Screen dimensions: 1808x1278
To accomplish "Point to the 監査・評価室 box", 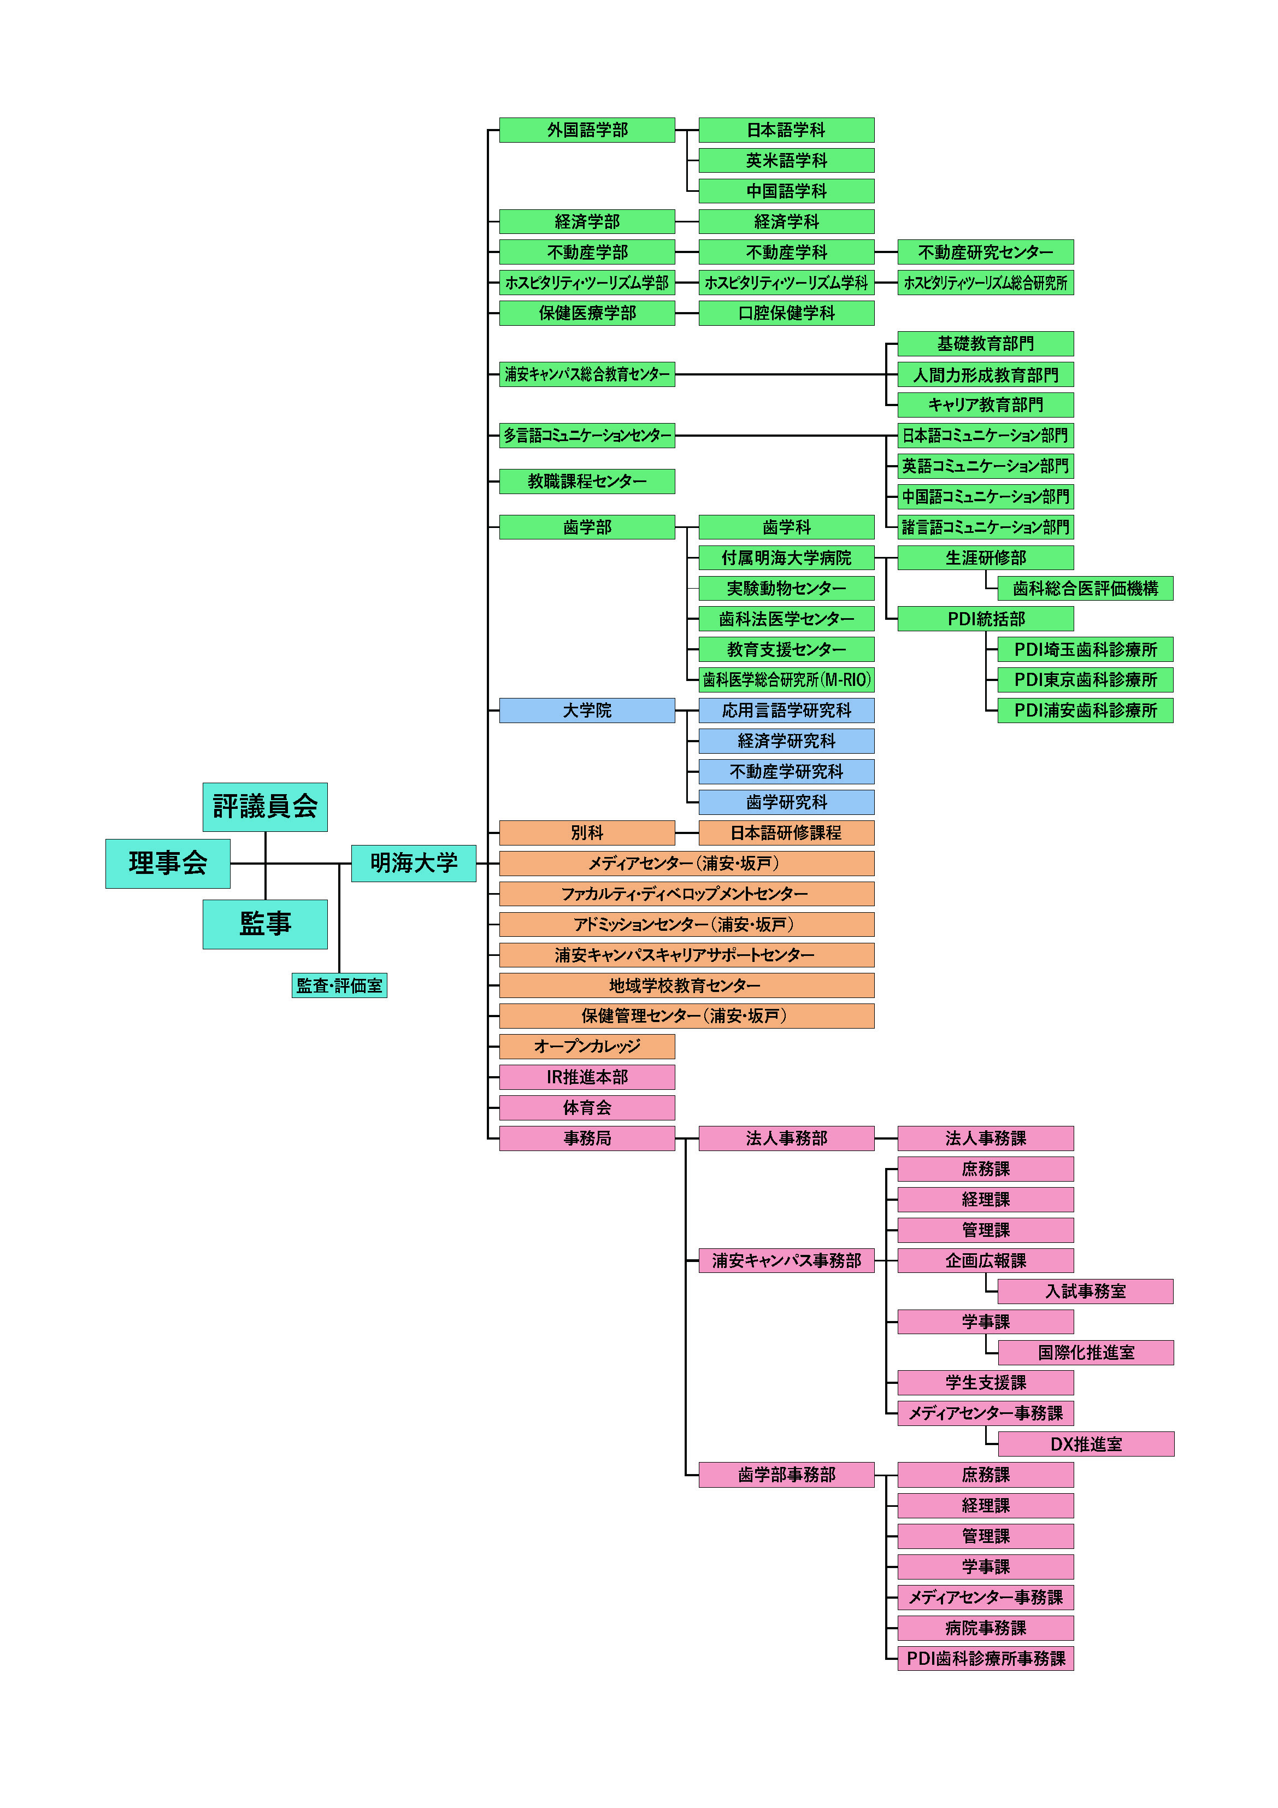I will (339, 985).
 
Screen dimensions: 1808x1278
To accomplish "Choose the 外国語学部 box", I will (587, 130).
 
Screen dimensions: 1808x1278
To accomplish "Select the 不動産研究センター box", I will (985, 252).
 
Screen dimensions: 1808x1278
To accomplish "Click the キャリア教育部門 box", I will (985, 405).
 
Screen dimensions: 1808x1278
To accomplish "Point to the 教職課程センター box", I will (587, 481).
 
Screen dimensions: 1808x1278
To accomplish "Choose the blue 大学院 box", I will (587, 711).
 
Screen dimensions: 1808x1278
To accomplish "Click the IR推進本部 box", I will (587, 1077).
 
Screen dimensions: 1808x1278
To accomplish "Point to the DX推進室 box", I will (1085, 1443).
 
